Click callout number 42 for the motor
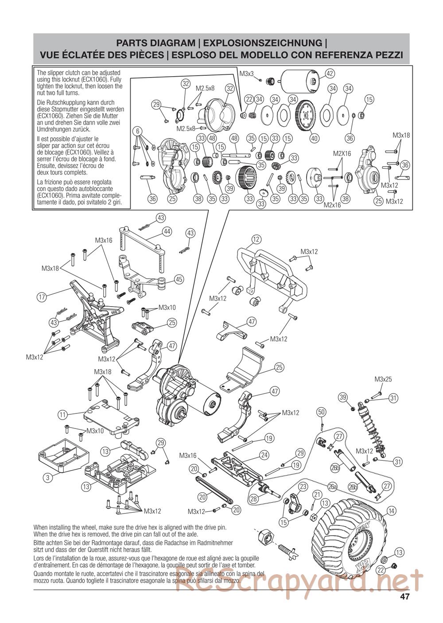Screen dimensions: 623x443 pyautogui.click(x=329, y=73)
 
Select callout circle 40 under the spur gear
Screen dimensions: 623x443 pyautogui.click(x=315, y=138)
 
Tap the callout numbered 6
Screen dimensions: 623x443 pyautogui.click(x=138, y=131)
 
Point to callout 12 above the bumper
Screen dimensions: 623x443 pyautogui.click(x=256, y=240)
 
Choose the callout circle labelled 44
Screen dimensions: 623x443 pyautogui.click(x=167, y=231)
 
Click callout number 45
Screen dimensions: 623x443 pyautogui.click(x=179, y=280)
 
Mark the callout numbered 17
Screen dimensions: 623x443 pyautogui.click(x=42, y=297)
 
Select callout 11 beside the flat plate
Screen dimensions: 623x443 pyautogui.click(x=62, y=415)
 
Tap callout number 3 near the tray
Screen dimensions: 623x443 pyautogui.click(x=47, y=478)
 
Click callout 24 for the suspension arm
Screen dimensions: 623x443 pyautogui.click(x=264, y=455)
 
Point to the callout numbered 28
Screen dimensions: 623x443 pyautogui.click(x=253, y=498)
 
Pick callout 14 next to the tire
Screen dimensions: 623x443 pyautogui.click(x=390, y=511)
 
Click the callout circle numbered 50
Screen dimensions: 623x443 pyautogui.click(x=322, y=412)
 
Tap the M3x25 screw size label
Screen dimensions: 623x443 pyautogui.click(x=383, y=379)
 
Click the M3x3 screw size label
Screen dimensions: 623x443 pyautogui.click(x=246, y=74)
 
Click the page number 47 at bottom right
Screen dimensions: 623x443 pyautogui.click(x=404, y=596)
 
